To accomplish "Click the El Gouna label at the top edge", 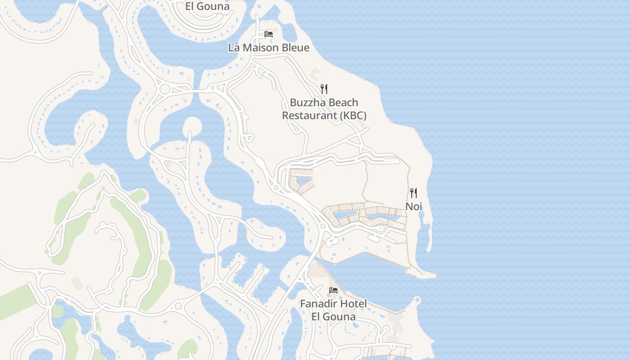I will click(x=207, y=6).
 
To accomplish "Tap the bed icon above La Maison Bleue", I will click(x=269, y=34).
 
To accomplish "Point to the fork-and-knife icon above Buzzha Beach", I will click(x=324, y=89).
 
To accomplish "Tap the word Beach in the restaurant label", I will click(x=343, y=103).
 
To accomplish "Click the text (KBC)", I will click(x=353, y=116).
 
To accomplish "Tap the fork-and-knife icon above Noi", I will click(x=414, y=193).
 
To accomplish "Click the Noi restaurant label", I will click(x=414, y=207).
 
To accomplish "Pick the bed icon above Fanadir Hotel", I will click(x=333, y=290).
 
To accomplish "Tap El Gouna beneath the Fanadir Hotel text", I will click(x=333, y=316).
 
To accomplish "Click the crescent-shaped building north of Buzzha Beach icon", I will click(x=316, y=72).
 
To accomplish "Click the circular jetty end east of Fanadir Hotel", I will click(x=417, y=299).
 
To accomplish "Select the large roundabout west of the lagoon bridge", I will click(x=165, y=89).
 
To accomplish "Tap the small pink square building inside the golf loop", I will click(x=77, y=283).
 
